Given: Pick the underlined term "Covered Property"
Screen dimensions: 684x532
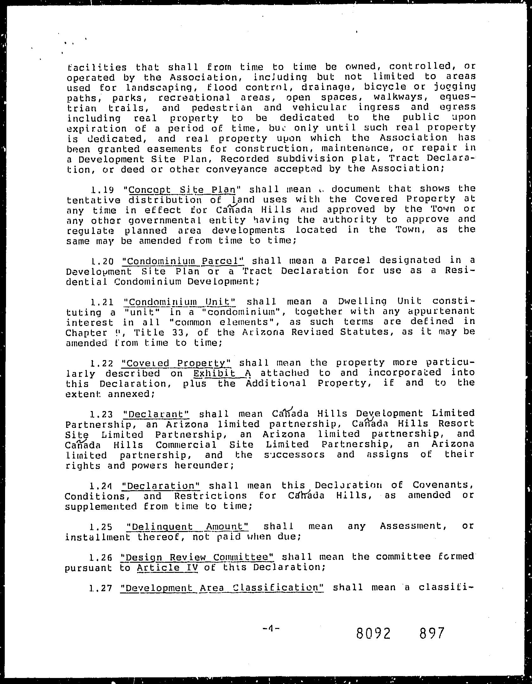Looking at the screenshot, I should click(178, 363).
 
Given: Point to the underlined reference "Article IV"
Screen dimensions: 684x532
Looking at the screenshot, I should click(168, 567).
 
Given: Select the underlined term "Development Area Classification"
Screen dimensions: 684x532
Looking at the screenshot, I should click(222, 588).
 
